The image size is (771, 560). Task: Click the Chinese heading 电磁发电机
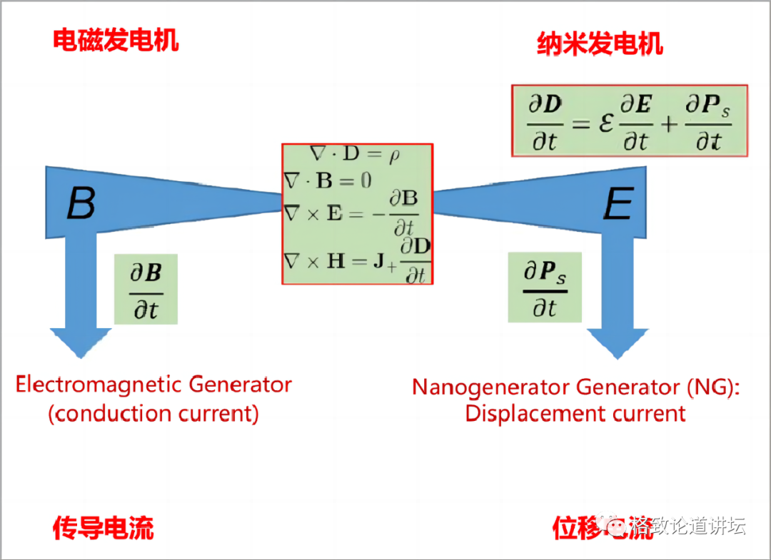pyautogui.click(x=116, y=40)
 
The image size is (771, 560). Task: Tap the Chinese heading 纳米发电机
pyautogui.click(x=600, y=44)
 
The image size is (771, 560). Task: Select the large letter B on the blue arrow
pyautogui.click(x=81, y=203)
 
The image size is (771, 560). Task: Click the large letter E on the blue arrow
pyautogui.click(x=618, y=205)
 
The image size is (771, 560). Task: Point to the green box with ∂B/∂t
pyautogui.click(x=146, y=291)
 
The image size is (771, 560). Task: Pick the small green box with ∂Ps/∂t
pyautogui.click(x=545, y=287)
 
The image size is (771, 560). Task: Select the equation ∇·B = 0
pyautogui.click(x=328, y=180)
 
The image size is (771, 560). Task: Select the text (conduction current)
pyautogui.click(x=153, y=414)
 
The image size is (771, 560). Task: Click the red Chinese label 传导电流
pyautogui.click(x=104, y=529)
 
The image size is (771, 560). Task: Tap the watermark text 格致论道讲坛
pyautogui.click(x=687, y=526)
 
